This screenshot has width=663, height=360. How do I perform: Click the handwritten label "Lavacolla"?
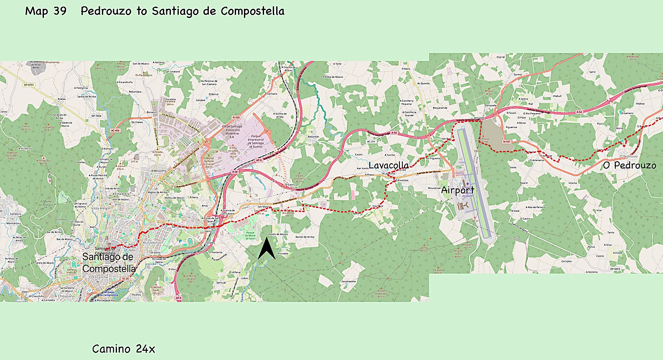pos(389,165)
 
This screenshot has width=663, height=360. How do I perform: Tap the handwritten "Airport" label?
pos(457,190)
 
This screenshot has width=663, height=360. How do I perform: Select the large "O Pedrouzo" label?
pos(629,165)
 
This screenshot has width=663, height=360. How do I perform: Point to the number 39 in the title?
pos(60,11)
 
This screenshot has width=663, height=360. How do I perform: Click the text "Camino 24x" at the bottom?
pos(124,349)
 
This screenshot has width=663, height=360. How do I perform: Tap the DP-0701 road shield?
pos(29,85)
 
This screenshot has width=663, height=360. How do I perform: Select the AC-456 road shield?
pos(115,130)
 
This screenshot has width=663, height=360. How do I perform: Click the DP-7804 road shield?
pos(97,116)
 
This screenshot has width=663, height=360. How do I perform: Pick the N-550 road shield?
pos(236,117)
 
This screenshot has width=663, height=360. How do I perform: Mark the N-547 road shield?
pos(507,142)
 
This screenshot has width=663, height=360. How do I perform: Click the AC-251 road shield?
pos(371,142)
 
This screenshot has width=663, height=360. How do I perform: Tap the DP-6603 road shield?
pos(615,269)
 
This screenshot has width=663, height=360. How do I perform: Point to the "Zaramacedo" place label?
pos(348,281)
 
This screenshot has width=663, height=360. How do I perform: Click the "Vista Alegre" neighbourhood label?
pos(101,208)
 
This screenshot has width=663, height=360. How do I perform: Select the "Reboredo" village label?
pos(313,137)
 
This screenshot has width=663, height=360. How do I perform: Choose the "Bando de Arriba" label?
pos(305,237)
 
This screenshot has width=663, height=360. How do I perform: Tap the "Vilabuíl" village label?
pos(557,96)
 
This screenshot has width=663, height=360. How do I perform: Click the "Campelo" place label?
pos(566,261)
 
